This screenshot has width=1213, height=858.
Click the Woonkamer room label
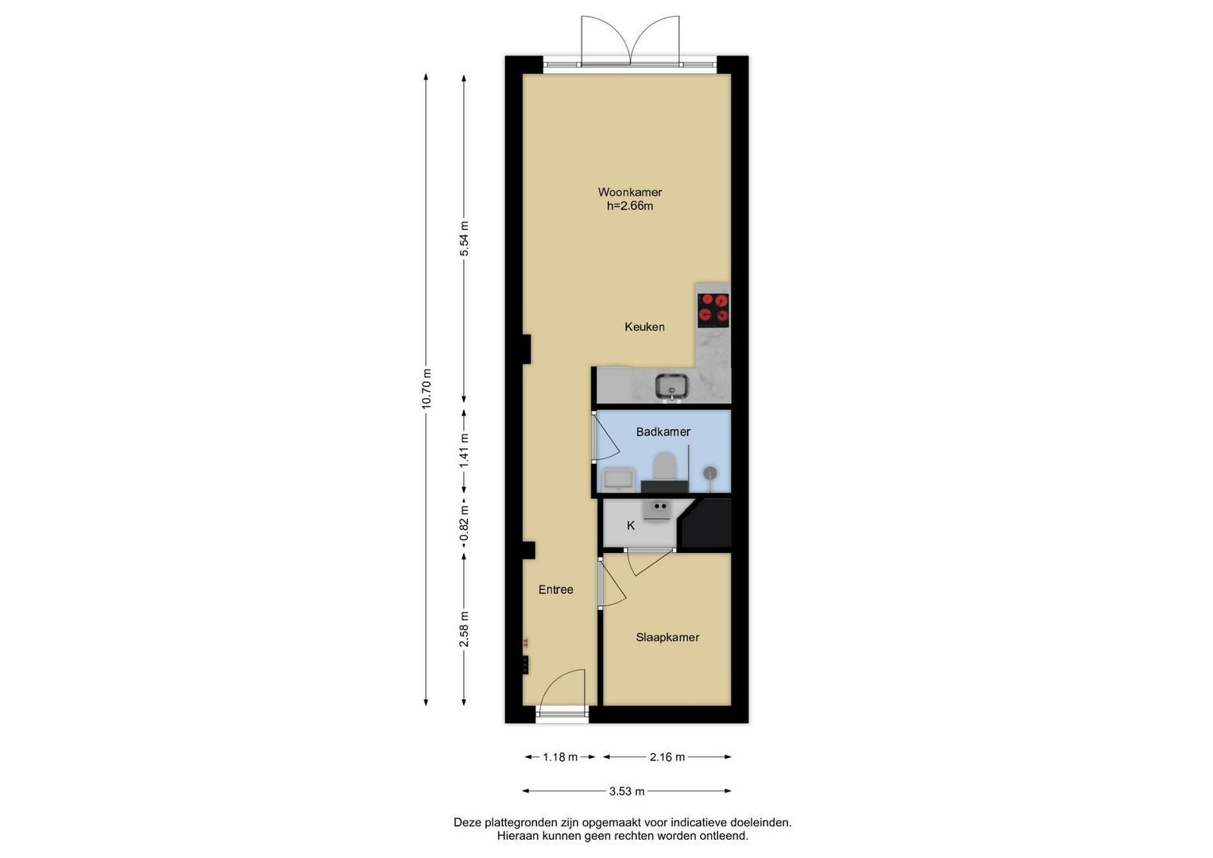point(630,191)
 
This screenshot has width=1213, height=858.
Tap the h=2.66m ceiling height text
point(630,206)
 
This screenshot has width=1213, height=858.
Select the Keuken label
point(644,327)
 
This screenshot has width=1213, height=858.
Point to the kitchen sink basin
point(671,387)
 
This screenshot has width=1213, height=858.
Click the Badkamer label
point(663,431)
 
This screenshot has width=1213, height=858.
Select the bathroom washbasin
point(618,479)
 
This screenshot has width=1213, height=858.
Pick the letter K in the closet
point(630,525)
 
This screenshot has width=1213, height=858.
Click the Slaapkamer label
point(667,637)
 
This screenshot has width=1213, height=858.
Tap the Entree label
point(555,589)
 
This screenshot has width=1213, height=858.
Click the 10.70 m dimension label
point(427,389)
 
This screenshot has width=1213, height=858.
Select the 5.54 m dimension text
point(464,240)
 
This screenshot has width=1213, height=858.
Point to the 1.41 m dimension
point(464,452)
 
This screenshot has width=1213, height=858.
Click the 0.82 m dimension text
point(464,524)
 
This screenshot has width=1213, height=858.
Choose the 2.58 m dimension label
point(464,629)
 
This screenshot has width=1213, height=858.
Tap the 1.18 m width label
point(560,757)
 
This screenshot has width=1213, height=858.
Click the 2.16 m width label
point(667,757)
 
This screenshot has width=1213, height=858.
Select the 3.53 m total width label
point(627,791)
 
